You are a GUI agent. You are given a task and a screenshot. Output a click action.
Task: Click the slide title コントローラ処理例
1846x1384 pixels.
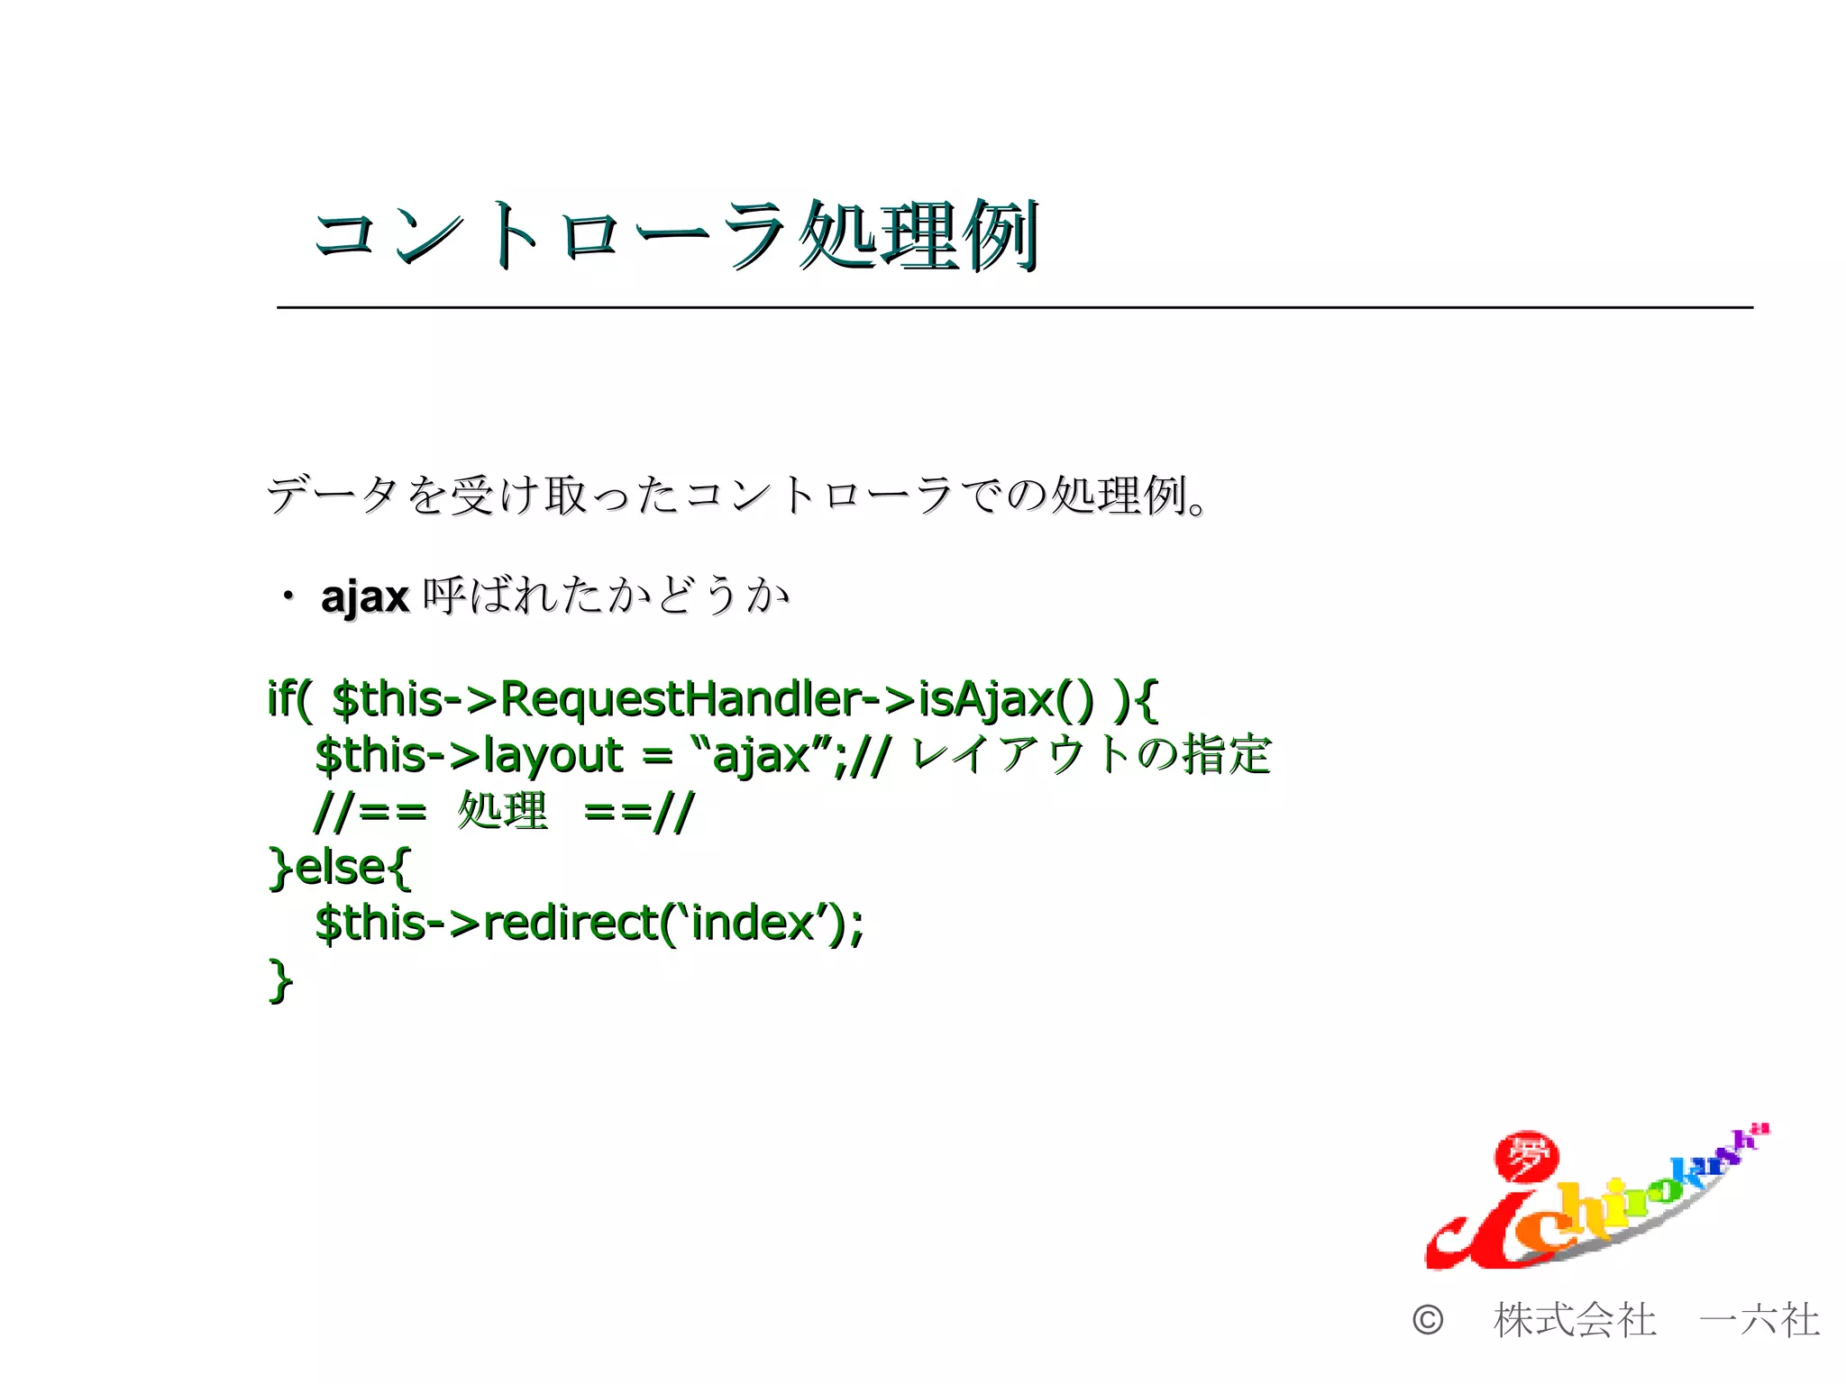tap(676, 236)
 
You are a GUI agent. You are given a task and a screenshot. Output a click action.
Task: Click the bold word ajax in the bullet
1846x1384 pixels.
tap(365, 597)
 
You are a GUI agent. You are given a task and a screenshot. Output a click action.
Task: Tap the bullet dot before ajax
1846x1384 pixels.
tap(288, 596)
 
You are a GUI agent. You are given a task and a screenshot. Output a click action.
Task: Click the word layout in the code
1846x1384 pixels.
tap(553, 755)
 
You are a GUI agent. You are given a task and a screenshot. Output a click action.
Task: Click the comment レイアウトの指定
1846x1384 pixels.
tap(1091, 754)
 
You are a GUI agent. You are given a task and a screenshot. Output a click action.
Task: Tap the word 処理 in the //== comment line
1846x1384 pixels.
tap(502, 811)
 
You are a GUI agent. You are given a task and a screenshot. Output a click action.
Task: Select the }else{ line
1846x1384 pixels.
tap(340, 867)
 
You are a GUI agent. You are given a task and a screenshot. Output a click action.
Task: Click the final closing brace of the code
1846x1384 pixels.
tap(280, 979)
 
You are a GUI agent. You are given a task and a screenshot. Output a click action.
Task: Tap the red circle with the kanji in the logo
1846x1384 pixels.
tap(1526, 1157)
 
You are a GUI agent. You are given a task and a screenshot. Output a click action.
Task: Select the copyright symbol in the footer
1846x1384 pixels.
tap(1428, 1321)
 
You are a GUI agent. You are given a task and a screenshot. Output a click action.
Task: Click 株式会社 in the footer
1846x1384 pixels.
tap(1575, 1321)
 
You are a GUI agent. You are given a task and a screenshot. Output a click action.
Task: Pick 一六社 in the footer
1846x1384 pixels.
tap(1759, 1321)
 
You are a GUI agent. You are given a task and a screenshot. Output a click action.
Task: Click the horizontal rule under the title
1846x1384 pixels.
tap(1014, 308)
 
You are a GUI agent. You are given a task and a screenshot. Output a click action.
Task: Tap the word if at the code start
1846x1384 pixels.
tap(283, 699)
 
